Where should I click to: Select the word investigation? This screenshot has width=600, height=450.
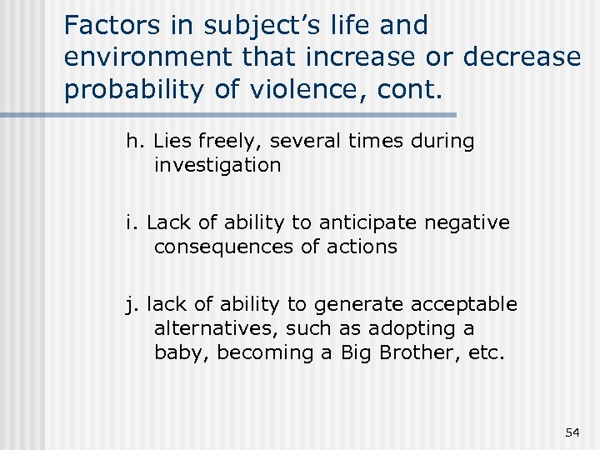[217, 165]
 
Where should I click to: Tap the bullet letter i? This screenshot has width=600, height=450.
[132, 222]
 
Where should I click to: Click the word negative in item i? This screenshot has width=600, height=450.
[468, 222]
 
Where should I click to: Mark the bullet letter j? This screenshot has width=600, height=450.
[131, 305]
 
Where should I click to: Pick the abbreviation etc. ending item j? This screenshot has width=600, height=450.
[486, 352]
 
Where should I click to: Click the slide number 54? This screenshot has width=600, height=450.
[572, 432]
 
